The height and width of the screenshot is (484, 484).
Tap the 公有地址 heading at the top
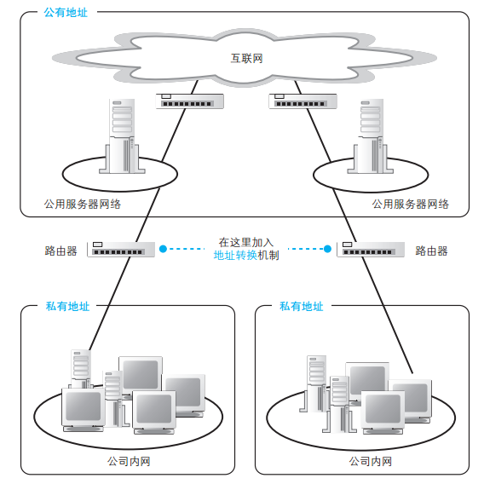[65, 13]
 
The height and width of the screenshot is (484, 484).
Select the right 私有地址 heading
[301, 307]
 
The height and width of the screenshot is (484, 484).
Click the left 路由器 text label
[60, 251]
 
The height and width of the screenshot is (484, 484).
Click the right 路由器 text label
[431, 251]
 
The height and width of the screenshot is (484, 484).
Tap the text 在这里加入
[246, 242]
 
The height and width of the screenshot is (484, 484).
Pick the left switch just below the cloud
[190, 101]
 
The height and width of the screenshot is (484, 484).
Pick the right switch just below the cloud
[302, 101]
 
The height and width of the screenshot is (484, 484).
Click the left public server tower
[122, 136]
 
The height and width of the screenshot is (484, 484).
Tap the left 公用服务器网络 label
[82, 205]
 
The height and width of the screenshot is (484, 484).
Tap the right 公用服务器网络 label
[410, 205]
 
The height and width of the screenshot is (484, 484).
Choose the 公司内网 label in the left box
[129, 461]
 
